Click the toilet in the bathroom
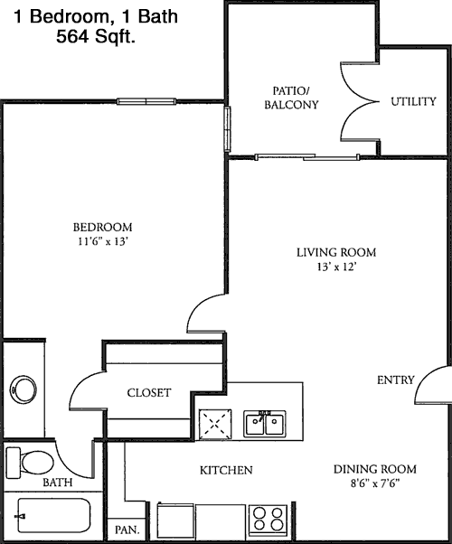pos(31,463)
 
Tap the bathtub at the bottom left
pos(54,516)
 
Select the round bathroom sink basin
pos(24,389)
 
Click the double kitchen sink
pos(265,423)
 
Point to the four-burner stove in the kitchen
pos(268,520)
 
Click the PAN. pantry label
pos(127,530)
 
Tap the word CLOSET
pos(149,393)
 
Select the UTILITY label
pos(413,101)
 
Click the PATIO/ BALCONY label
pos(291,98)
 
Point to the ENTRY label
pos(396,380)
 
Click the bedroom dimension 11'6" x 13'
pos(103,241)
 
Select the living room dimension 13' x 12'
pos(336,267)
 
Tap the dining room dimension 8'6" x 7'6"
pos(375,483)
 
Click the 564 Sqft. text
pos(96,36)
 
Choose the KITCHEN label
pos(226,470)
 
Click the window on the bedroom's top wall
pos(146,101)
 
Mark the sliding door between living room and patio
pos(307,157)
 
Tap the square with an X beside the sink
pos(215,424)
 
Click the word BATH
pos(58,483)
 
